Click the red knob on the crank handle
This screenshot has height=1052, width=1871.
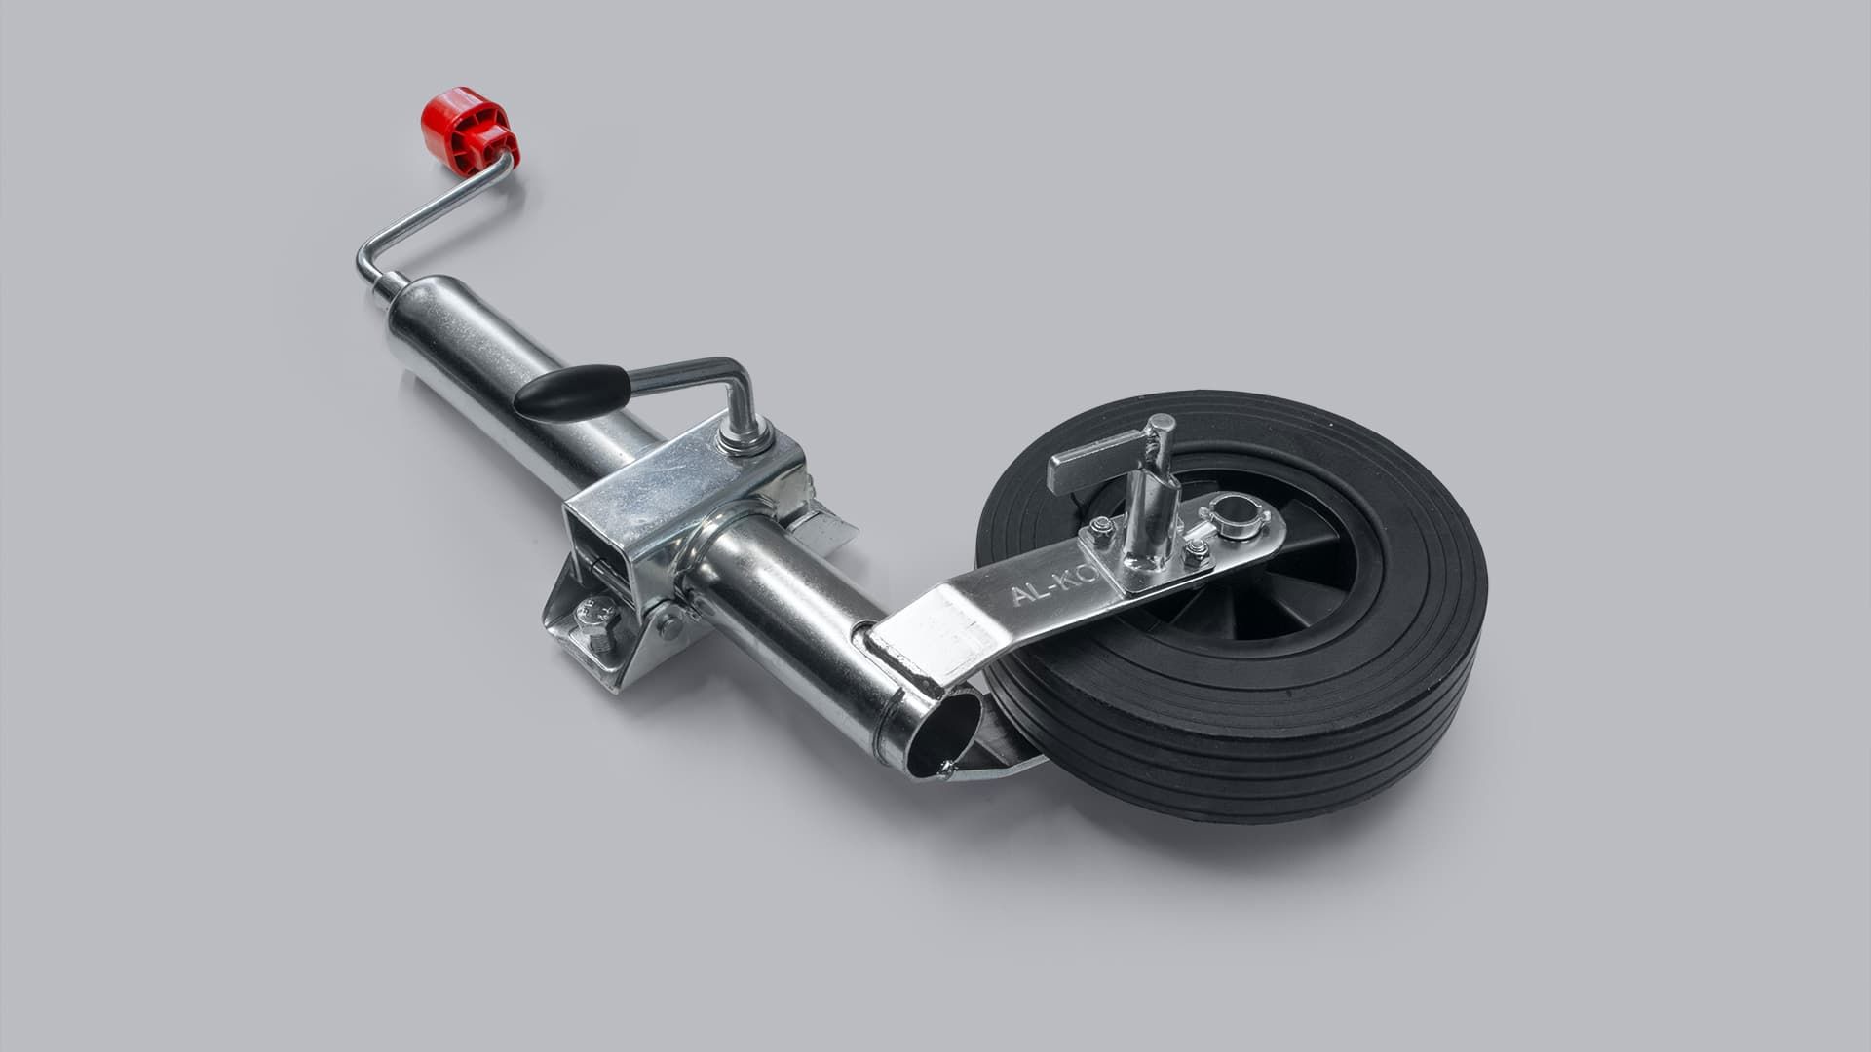(469, 128)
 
